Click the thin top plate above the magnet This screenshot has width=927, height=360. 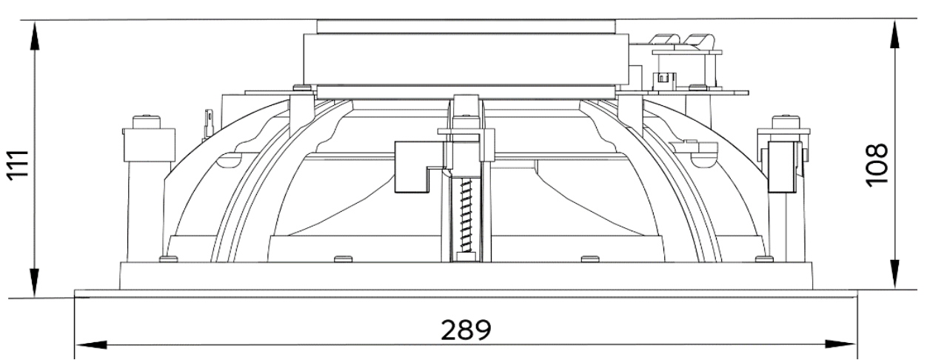coord(465,26)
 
